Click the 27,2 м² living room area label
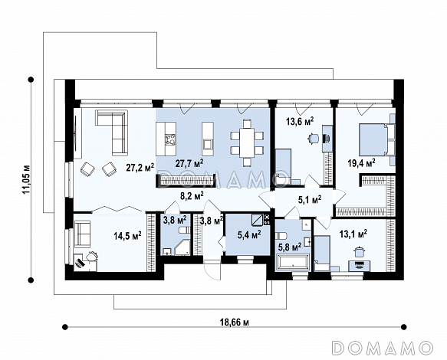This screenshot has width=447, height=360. coord(140,167)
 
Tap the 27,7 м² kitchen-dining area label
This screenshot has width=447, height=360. coord(189,163)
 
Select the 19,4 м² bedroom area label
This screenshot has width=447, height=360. coord(361,163)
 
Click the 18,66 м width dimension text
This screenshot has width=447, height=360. coord(235,322)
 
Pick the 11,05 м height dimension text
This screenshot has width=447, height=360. coord(27,179)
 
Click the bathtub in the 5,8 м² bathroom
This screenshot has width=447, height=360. coord(292,262)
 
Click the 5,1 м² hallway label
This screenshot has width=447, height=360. coord(310,200)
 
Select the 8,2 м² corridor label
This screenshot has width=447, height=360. coord(192,195)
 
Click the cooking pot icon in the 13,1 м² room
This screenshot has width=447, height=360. coord(358,252)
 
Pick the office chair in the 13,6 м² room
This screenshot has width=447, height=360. coord(313,139)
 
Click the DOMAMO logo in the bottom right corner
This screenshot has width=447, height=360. coord(383,348)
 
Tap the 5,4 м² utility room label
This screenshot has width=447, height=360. coord(249,234)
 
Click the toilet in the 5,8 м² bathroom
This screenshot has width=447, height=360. coord(281,236)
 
